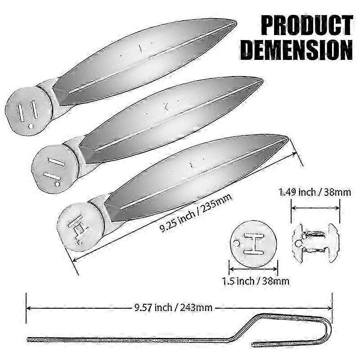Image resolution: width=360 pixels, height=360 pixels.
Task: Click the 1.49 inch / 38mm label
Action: (315, 193)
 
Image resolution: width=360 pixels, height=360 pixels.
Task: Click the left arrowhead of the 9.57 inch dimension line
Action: (28, 308)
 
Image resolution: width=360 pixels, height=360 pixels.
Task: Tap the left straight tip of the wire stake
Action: (29, 339)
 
